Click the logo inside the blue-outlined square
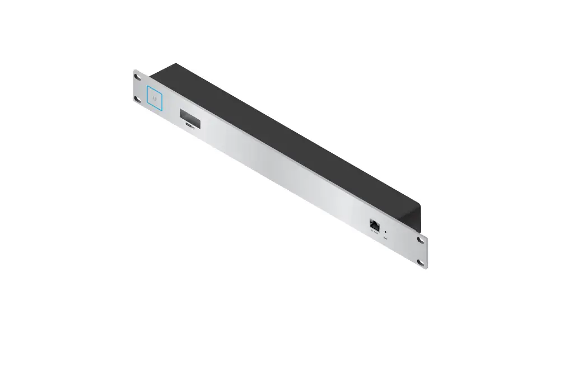(x=155, y=99)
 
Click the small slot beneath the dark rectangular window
(x=191, y=128)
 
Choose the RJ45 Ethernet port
(x=374, y=226)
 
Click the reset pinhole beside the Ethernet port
(x=385, y=229)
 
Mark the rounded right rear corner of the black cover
(x=419, y=206)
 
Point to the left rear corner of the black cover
(x=175, y=64)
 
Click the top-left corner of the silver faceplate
(x=134, y=71)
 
